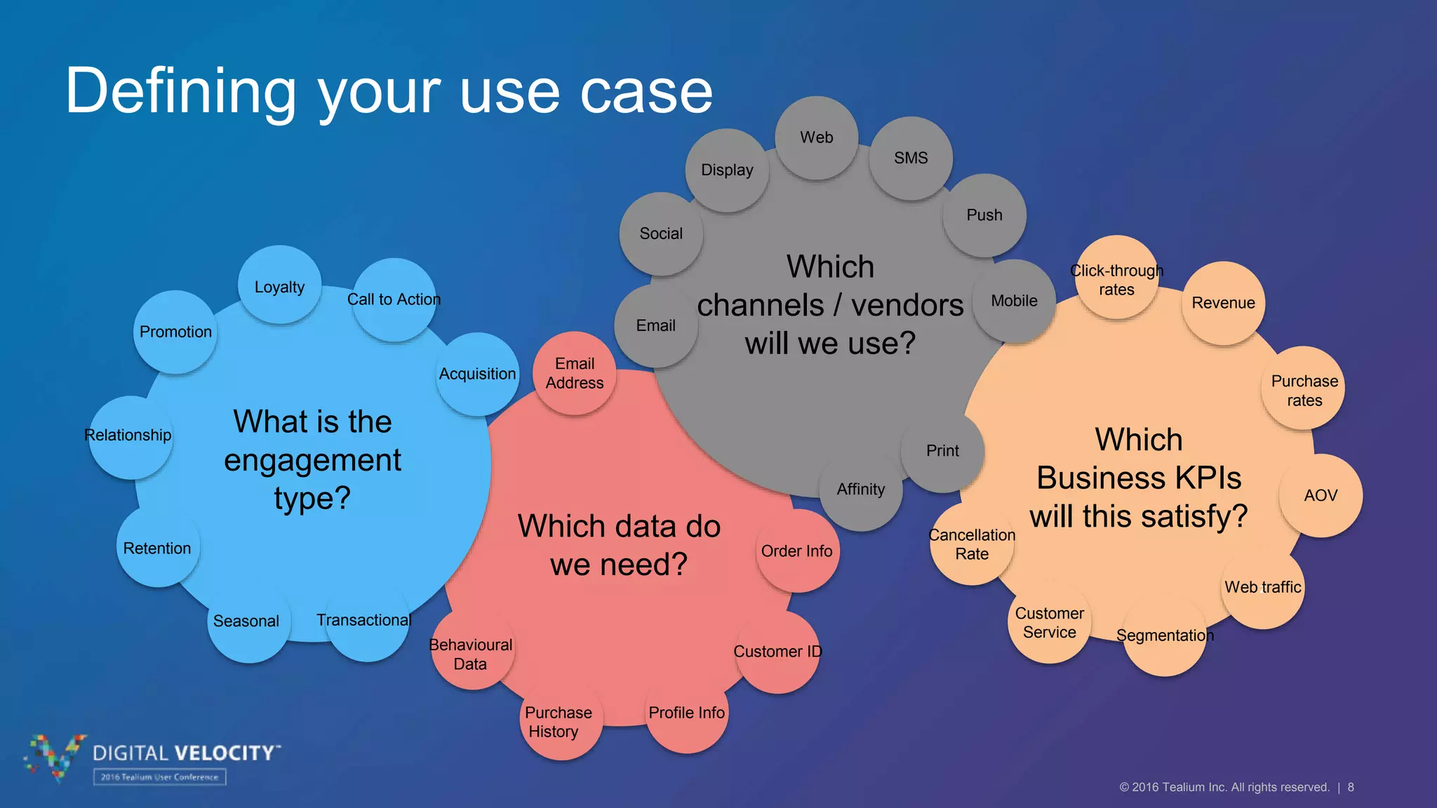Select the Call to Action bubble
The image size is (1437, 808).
point(394,300)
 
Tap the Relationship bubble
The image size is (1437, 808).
point(130,436)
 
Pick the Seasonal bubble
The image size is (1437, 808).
point(247,621)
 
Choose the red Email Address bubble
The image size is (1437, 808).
point(575,373)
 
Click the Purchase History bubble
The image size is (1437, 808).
point(559,721)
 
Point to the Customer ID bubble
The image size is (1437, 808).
point(777,652)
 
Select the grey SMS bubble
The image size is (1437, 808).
point(911,159)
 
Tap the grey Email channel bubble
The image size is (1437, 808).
point(656,325)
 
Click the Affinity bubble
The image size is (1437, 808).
point(861,490)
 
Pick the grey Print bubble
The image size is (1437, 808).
point(942,451)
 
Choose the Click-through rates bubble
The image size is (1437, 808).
point(1116,279)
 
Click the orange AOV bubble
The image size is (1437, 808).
point(1321,495)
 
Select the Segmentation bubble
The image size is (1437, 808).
point(1165,635)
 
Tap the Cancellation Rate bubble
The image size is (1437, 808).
point(972,544)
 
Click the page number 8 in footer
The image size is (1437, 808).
point(1351,787)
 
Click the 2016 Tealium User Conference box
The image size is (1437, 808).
point(159,776)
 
